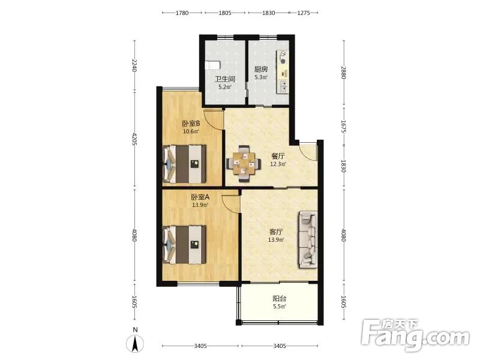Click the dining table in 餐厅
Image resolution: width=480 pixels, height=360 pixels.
(x=244, y=164)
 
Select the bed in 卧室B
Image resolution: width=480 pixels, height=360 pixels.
(x=184, y=164)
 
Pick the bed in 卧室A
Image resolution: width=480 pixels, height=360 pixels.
(x=184, y=245)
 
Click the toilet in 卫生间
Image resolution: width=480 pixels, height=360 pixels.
(x=212, y=65)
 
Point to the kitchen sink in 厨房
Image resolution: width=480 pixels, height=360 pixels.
(x=283, y=86)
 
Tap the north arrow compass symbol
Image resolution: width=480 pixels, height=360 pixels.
(x=135, y=343)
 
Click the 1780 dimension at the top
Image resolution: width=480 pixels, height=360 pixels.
(x=182, y=13)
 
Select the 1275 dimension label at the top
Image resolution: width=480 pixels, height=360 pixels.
(x=304, y=13)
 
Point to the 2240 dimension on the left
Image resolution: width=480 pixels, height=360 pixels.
(x=134, y=65)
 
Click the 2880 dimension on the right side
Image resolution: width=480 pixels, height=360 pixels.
(x=343, y=73)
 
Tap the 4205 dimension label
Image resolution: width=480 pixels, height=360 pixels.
(x=134, y=139)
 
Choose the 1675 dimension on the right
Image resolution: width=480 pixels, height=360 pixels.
(x=343, y=126)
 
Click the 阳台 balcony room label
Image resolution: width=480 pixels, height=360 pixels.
(x=279, y=298)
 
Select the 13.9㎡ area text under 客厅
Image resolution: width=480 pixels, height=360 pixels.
(x=277, y=239)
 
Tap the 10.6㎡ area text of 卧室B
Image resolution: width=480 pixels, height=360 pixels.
(x=191, y=131)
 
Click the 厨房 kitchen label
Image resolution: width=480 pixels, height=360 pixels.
(x=261, y=70)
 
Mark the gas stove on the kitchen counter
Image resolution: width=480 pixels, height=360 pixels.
(x=283, y=58)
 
